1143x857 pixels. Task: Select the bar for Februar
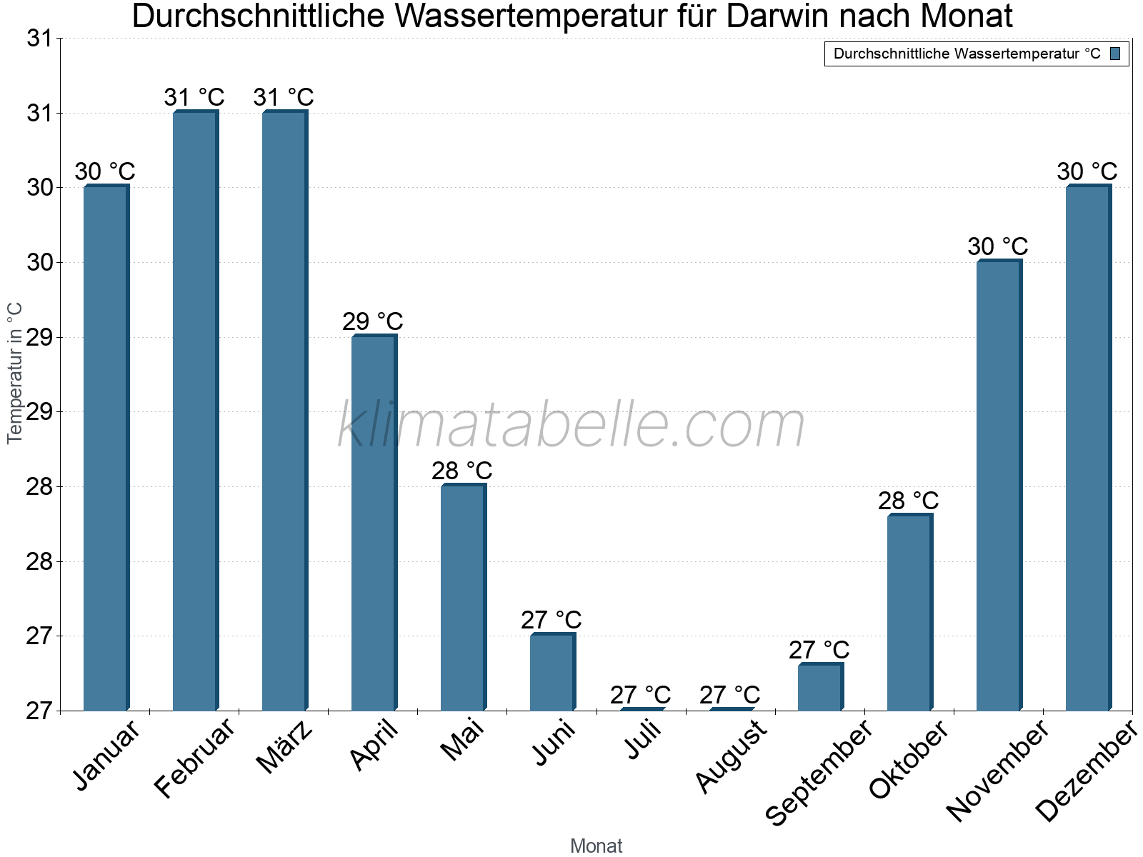click(x=194, y=411)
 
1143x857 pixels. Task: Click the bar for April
click(x=373, y=523)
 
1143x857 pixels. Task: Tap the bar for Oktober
click(x=909, y=612)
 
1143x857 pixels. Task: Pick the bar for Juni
click(x=551, y=672)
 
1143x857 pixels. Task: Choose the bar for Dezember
click(x=1087, y=448)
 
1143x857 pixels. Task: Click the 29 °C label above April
click(x=373, y=322)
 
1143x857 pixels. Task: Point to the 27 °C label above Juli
click(x=640, y=695)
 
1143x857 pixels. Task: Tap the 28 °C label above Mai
click(x=462, y=471)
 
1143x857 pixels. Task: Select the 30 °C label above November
click(x=997, y=247)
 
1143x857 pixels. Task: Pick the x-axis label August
click(x=731, y=756)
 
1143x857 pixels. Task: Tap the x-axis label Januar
click(x=108, y=756)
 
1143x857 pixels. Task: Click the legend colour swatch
click(x=1115, y=54)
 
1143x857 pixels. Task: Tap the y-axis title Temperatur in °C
click(x=15, y=373)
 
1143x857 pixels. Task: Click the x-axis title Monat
click(x=596, y=846)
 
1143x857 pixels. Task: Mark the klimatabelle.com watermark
click(x=571, y=426)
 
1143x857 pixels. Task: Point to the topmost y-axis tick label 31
click(x=41, y=39)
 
